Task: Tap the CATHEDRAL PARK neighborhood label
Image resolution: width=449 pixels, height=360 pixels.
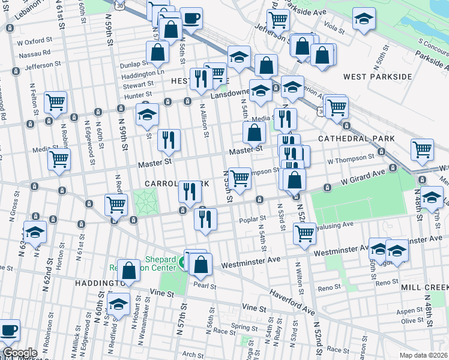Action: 356,139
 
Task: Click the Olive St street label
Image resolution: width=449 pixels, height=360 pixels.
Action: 412,321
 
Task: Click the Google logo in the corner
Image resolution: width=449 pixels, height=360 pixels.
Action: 19,353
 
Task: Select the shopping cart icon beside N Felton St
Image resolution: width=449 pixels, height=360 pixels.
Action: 55,102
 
